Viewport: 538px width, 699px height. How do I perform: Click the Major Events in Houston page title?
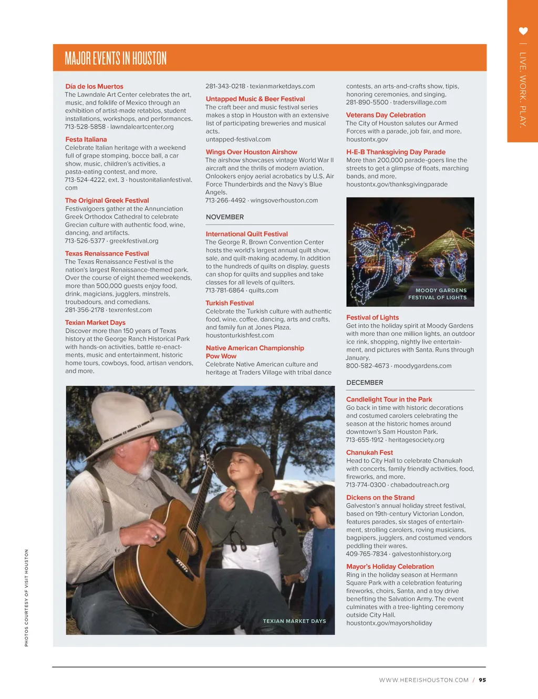pos(116,58)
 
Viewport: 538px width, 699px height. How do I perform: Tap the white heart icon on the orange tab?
pos(523,31)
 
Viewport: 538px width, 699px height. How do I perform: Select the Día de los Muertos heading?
pos(94,87)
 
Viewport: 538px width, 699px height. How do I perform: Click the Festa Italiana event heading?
pos(86,140)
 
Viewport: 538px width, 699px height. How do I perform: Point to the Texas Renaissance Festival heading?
pos(107,253)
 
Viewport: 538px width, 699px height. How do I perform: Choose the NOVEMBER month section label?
pos(225,217)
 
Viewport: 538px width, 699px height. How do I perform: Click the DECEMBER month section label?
pos(365,383)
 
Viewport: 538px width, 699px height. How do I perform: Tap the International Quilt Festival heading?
pos(246,234)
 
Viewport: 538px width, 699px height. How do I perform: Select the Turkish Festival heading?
pos(230,303)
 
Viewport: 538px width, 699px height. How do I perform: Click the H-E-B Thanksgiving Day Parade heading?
pos(396,152)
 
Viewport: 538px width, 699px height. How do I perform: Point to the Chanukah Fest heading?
pos(369,453)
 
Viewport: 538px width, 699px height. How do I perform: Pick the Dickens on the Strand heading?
pos(380,498)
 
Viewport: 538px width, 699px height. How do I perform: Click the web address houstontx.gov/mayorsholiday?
pos(389,623)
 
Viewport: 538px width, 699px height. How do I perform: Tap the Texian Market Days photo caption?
pos(294,621)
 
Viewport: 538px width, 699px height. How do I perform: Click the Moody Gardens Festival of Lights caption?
pos(438,294)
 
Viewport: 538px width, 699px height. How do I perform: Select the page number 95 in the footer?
pos(482,680)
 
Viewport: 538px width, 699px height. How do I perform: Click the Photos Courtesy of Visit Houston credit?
pos(26,598)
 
